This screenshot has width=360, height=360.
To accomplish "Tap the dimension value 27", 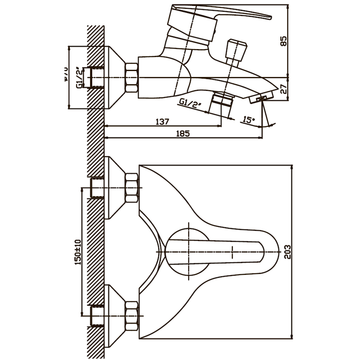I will (282, 89).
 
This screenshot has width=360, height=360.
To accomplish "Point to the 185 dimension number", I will (184, 133).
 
